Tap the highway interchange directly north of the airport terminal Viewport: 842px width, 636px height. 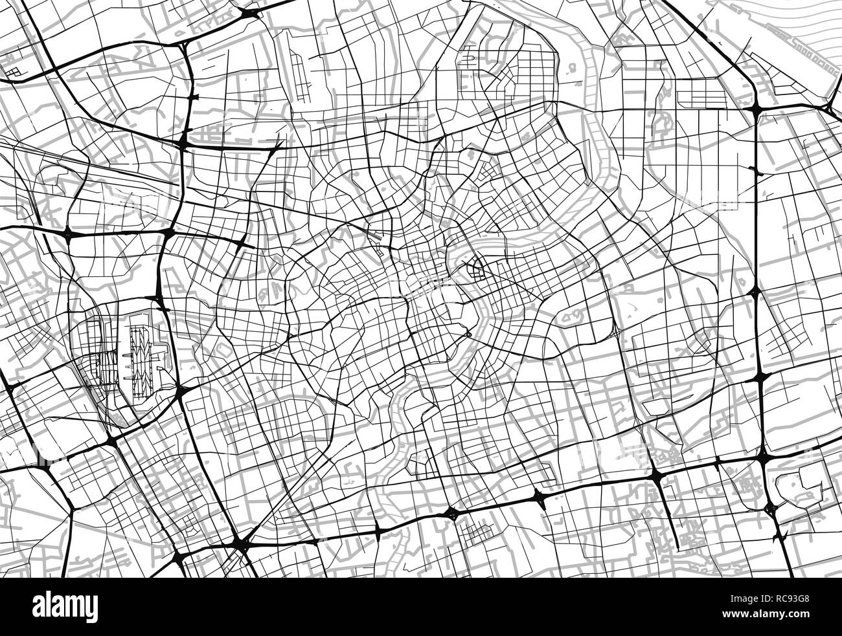[159, 298]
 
